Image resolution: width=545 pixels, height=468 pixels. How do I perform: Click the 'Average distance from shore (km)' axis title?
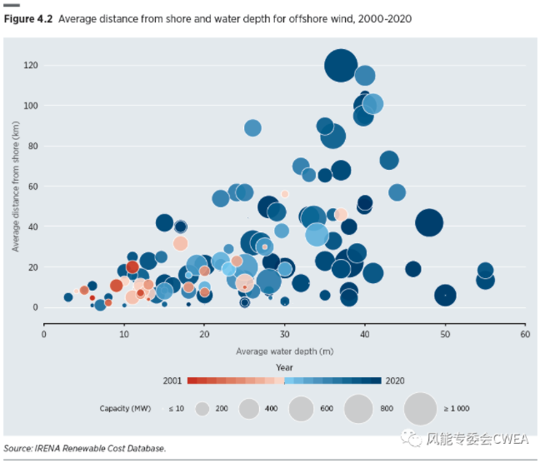pyautogui.click(x=16, y=186)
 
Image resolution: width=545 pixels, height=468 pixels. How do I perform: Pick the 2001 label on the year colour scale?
pyautogui.click(x=172, y=381)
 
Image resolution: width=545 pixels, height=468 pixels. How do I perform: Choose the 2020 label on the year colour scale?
pyautogui.click(x=397, y=381)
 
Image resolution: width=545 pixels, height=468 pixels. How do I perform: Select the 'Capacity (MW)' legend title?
pyautogui.click(x=127, y=408)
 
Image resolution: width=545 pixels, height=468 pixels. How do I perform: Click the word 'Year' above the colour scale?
pyautogui.click(x=284, y=366)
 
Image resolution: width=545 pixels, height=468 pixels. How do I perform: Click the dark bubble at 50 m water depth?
pyautogui.click(x=445, y=296)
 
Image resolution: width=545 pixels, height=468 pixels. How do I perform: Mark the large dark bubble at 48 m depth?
pyautogui.click(x=429, y=222)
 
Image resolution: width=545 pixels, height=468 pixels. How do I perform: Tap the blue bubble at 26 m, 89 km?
pyautogui.click(x=252, y=127)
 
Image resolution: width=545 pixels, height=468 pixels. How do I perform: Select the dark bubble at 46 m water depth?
pyautogui.click(x=413, y=269)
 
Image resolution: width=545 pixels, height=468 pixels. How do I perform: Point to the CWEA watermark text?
pyautogui.click(x=477, y=438)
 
